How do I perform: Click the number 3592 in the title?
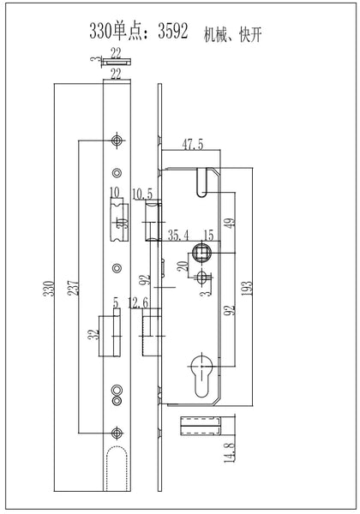click(173, 32)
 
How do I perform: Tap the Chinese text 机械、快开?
click(232, 34)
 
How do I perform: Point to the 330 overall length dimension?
click(49, 289)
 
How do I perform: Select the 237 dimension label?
click(73, 287)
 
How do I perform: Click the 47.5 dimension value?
click(193, 144)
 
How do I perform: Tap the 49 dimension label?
click(231, 224)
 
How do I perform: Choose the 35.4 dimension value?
click(178, 235)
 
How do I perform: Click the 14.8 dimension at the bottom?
click(230, 452)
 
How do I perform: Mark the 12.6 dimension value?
click(138, 303)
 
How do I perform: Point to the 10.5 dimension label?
click(142, 194)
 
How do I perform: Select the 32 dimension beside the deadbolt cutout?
click(95, 334)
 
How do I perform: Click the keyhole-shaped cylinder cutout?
click(201, 374)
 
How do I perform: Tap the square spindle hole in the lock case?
click(201, 253)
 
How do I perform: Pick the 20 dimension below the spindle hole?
click(183, 266)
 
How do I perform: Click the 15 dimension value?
click(208, 235)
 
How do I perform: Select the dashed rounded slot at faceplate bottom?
click(117, 469)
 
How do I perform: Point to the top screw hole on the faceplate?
click(117, 140)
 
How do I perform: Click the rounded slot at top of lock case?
click(202, 182)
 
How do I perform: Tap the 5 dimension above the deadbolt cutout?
click(116, 303)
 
